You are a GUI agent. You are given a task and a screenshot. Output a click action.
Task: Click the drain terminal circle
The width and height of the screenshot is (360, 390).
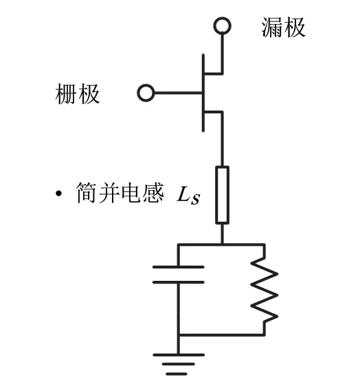222,18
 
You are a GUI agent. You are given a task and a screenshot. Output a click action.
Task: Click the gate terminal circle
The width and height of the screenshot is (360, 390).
146,85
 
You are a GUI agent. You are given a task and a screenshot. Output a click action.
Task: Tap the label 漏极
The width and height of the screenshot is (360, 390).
283,27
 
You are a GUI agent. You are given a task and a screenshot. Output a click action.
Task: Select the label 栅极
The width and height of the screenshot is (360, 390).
78,94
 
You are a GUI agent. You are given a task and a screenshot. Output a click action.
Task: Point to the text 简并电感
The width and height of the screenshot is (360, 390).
120,193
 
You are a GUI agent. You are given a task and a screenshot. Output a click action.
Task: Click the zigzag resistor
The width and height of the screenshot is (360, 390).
265,290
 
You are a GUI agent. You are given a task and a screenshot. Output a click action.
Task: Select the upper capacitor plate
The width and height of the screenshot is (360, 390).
179,267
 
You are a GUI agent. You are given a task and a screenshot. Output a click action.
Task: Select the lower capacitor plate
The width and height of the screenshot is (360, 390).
179,282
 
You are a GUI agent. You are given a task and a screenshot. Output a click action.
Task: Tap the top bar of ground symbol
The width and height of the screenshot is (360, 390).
179,355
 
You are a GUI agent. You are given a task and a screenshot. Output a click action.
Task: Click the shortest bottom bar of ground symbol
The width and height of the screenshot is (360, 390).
176,374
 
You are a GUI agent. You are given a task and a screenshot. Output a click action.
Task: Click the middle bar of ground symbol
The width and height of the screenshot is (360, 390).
178,364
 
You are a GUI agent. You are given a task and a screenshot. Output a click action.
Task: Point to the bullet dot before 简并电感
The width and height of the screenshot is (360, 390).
58,193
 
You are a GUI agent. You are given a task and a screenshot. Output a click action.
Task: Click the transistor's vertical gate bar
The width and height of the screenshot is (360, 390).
203,93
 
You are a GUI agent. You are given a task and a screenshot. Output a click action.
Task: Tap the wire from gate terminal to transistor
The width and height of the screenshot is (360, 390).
179,93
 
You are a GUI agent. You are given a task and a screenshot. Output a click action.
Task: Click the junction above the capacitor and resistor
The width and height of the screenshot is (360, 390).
222,244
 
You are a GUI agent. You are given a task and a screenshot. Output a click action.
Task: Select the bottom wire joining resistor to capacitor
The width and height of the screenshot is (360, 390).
221,335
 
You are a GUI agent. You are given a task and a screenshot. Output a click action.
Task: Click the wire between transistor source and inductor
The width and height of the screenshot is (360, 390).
222,139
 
